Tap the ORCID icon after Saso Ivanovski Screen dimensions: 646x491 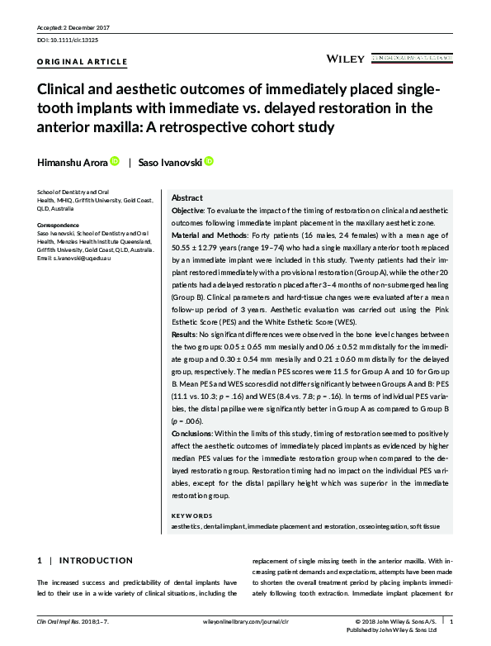[209, 162]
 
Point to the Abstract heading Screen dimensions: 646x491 [186, 199]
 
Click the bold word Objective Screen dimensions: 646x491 [191, 212]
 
